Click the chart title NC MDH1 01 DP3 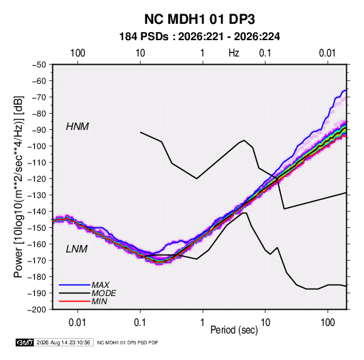199,19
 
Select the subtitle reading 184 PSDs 144,37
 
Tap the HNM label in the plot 78,127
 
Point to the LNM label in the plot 77,249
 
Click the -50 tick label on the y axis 39,65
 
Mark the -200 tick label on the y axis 37,310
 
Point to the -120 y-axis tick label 37,179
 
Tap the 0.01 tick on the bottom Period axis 78,323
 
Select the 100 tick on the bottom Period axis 328,323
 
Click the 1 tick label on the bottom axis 203,323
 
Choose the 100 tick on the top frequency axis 78,53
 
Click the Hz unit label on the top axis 234,53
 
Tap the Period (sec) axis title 234,330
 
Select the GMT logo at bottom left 24,342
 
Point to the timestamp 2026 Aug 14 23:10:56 63,342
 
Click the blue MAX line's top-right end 346,91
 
